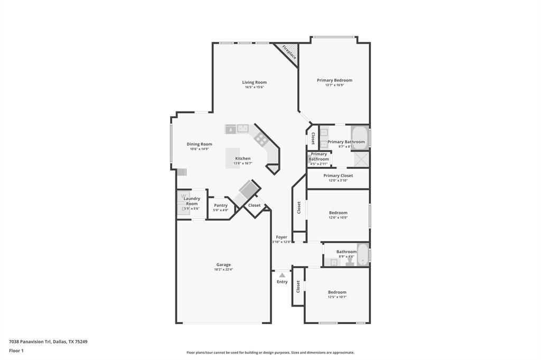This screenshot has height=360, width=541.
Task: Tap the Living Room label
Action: (x=254, y=82)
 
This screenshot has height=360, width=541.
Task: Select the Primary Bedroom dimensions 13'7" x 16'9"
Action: (x=334, y=85)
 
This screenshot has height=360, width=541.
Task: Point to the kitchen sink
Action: (x=242, y=128)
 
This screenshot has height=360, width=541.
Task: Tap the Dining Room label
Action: (x=199, y=144)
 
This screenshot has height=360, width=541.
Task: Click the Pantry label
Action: (x=221, y=205)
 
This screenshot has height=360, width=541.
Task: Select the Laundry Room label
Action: (x=192, y=201)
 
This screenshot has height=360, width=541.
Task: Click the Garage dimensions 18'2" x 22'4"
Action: (x=223, y=270)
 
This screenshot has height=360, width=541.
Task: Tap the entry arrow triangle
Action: (x=282, y=275)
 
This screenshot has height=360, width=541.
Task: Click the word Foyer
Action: (x=282, y=237)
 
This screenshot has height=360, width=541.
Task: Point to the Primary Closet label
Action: (x=338, y=176)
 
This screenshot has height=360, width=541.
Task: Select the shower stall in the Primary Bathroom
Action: (x=360, y=159)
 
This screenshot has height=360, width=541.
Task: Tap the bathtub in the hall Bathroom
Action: (x=362, y=254)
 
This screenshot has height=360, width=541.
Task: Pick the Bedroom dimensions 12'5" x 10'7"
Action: (x=337, y=297)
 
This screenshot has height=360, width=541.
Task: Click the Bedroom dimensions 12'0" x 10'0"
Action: (x=338, y=217)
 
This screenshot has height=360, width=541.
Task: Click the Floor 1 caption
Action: (x=16, y=350)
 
